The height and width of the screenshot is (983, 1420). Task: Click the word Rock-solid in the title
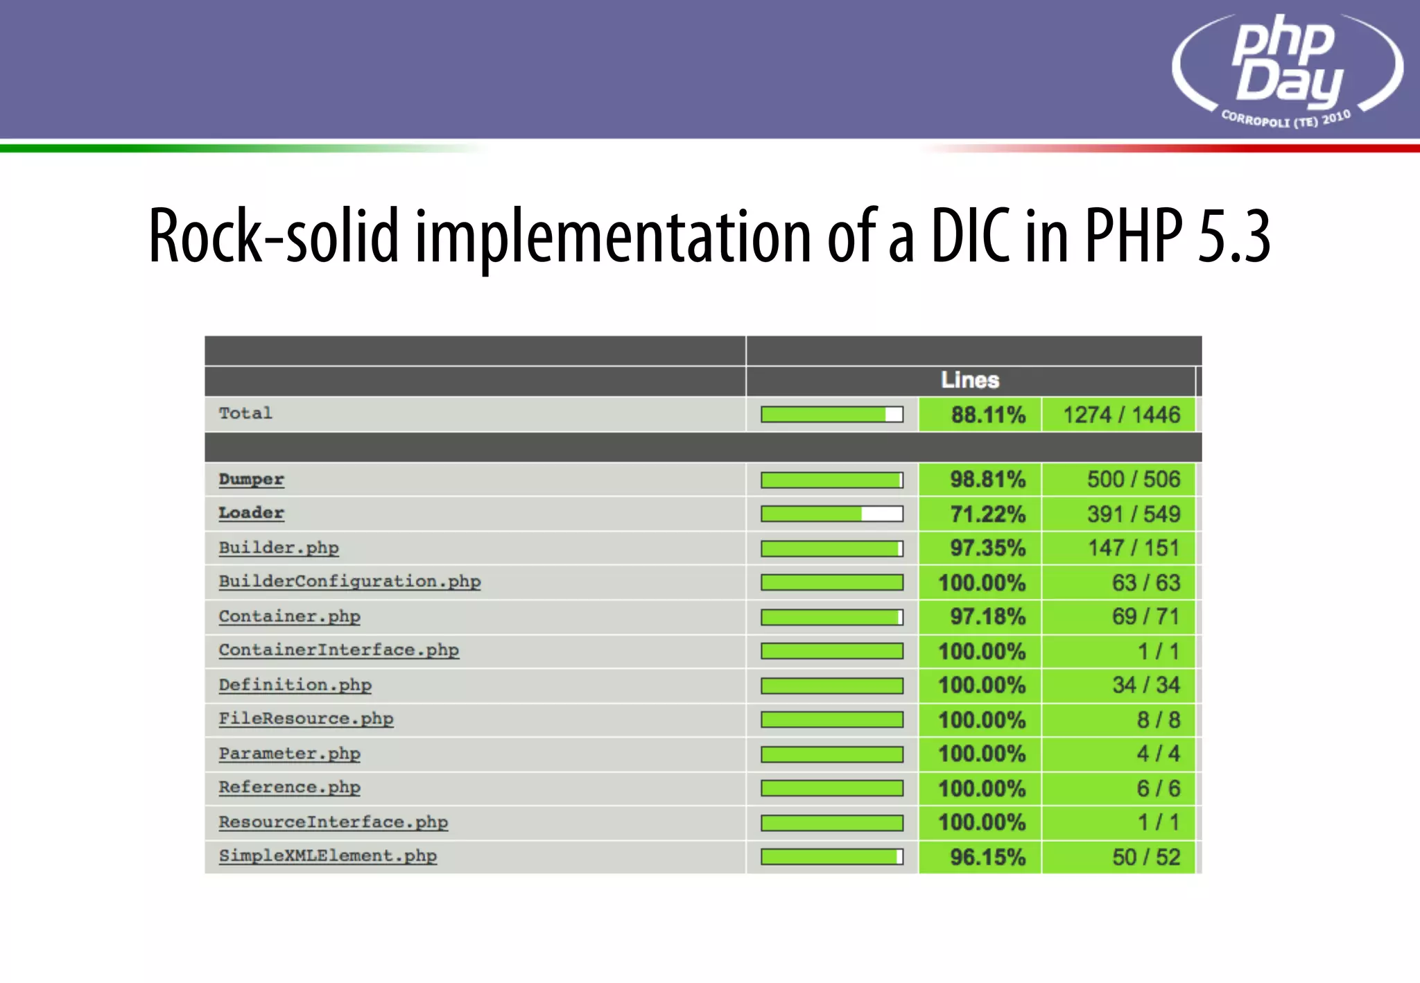pyautogui.click(x=274, y=236)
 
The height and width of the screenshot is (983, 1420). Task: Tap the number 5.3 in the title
pyautogui.click(x=1233, y=236)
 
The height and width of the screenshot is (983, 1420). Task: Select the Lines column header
pyautogui.click(x=970, y=380)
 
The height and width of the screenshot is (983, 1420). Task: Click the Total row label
pyautogui.click(x=245, y=413)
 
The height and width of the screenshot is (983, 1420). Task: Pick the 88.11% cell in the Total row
pyautogui.click(x=987, y=415)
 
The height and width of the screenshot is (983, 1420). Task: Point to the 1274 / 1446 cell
pyautogui.click(x=1121, y=415)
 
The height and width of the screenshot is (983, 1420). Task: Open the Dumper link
pyautogui.click(x=251, y=479)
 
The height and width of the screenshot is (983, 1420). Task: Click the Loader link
pyautogui.click(x=251, y=513)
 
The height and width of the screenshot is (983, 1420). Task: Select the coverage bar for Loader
pyautogui.click(x=831, y=514)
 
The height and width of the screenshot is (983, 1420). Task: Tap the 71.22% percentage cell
pyautogui.click(x=987, y=514)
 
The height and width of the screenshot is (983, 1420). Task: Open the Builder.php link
pyautogui.click(x=279, y=548)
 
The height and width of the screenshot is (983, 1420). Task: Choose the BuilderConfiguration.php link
pyautogui.click(x=349, y=582)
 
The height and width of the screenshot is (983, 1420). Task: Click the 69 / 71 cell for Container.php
pyautogui.click(x=1145, y=616)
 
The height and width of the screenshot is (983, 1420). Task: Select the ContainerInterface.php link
pyautogui.click(x=338, y=650)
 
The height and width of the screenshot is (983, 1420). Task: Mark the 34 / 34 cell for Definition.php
pyautogui.click(x=1145, y=685)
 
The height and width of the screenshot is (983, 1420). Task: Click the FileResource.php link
pyautogui.click(x=306, y=719)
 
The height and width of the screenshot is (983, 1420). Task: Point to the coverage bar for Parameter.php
pyautogui.click(x=831, y=754)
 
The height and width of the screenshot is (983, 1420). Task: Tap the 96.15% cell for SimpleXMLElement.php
pyautogui.click(x=987, y=857)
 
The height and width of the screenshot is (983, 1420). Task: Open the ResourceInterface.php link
pyautogui.click(x=333, y=822)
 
